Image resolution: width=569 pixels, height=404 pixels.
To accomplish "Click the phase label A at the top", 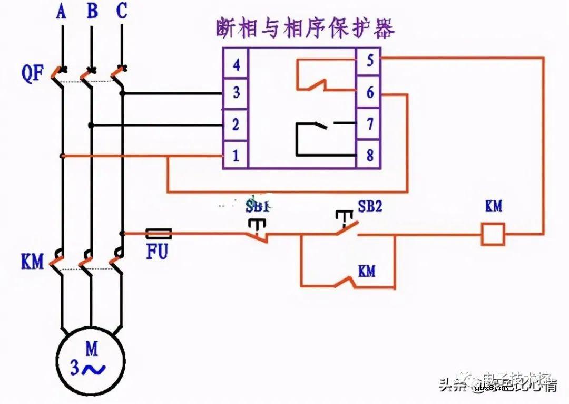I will pos(62,11).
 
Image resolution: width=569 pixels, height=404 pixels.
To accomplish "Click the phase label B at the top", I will pos(92,11).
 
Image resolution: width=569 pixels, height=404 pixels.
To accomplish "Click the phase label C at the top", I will pos(122,11).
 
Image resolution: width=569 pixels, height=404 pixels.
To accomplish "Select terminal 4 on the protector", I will pos(236,64).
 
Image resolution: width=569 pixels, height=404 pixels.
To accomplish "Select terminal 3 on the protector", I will pos(236,93).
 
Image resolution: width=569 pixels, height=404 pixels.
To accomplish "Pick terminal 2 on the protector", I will pos(236,124).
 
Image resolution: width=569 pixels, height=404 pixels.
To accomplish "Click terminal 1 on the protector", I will pos(236,156).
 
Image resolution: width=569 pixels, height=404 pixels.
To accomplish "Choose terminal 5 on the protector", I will pos(370,61).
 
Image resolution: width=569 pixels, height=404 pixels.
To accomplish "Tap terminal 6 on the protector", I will pos(370,92).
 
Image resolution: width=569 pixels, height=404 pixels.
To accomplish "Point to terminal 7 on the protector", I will pos(370,124).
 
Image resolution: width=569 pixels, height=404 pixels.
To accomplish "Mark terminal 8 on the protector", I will pos(370,156).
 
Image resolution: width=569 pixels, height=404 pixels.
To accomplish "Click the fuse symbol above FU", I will pos(158,233).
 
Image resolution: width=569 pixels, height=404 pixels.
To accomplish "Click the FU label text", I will pos(157,252).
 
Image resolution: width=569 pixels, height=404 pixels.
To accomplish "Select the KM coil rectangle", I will pos(493,234).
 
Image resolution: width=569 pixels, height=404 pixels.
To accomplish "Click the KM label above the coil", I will pos(493,206).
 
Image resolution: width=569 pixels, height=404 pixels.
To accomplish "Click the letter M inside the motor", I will pos(92,348).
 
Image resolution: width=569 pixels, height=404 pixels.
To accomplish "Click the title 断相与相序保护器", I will pos(305,28).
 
